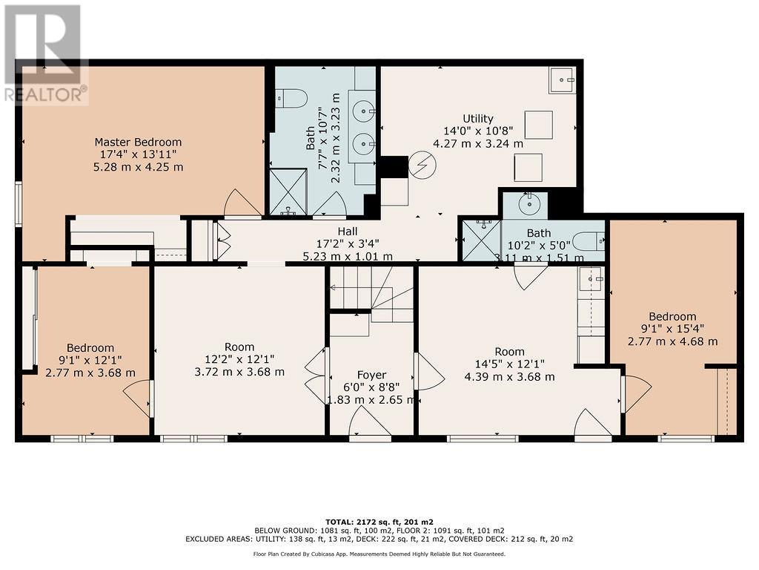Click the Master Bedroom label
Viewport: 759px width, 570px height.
coord(138,142)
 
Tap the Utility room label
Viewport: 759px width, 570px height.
coord(478,118)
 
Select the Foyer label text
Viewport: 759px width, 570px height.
coord(371,375)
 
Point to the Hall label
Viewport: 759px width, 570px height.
coord(348,232)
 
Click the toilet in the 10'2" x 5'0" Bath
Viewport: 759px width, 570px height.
coord(591,240)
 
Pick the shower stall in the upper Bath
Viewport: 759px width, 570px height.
coord(288,192)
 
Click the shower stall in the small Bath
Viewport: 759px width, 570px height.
coord(482,240)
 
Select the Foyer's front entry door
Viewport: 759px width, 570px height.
coord(371,421)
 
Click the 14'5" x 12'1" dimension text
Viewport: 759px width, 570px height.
coord(510,364)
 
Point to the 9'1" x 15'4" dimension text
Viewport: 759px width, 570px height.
coord(672,329)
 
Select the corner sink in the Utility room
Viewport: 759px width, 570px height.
coord(563,80)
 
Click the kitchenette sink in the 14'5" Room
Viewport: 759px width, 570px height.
coord(591,279)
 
